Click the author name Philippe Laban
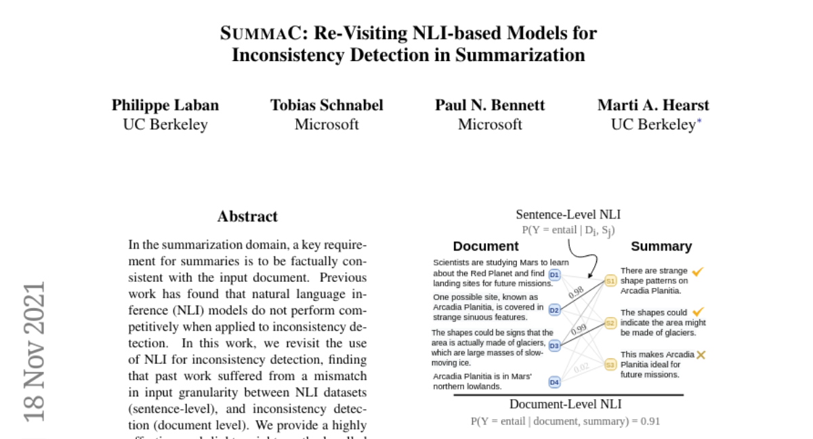click(x=165, y=106)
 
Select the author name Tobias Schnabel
click(x=327, y=105)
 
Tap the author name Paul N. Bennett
click(x=490, y=105)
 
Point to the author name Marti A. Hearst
click(x=653, y=105)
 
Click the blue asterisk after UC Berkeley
click(x=699, y=121)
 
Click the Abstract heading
click(x=247, y=216)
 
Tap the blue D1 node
click(x=554, y=274)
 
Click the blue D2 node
click(x=554, y=310)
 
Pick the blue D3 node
click(x=554, y=346)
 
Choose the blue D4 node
click(x=554, y=381)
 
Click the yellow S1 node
click(x=610, y=281)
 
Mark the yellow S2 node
click(x=610, y=323)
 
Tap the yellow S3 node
click(x=610, y=364)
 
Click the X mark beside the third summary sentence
click(x=701, y=355)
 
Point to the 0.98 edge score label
click(x=576, y=292)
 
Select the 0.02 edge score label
click(x=581, y=368)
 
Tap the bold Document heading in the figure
click(x=486, y=247)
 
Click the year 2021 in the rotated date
click(x=35, y=308)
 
